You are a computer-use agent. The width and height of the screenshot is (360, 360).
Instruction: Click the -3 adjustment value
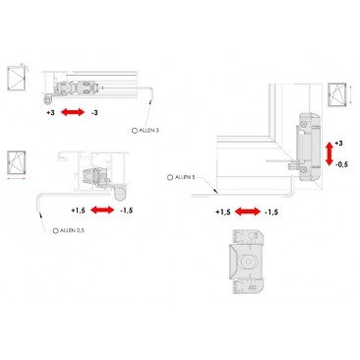[x=94, y=114]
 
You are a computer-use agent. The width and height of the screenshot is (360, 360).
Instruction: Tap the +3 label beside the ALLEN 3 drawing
[x=50, y=114]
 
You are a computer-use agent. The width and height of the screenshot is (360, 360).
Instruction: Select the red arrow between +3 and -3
[x=72, y=114]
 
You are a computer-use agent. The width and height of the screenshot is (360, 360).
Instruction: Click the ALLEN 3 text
[x=149, y=130]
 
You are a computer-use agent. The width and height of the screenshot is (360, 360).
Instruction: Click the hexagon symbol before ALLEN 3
[x=134, y=130]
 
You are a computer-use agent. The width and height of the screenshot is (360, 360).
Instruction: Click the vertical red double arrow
[x=328, y=153]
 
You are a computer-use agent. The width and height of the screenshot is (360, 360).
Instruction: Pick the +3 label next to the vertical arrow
[x=338, y=143]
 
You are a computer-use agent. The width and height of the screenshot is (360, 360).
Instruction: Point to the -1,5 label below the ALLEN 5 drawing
[x=270, y=211]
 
